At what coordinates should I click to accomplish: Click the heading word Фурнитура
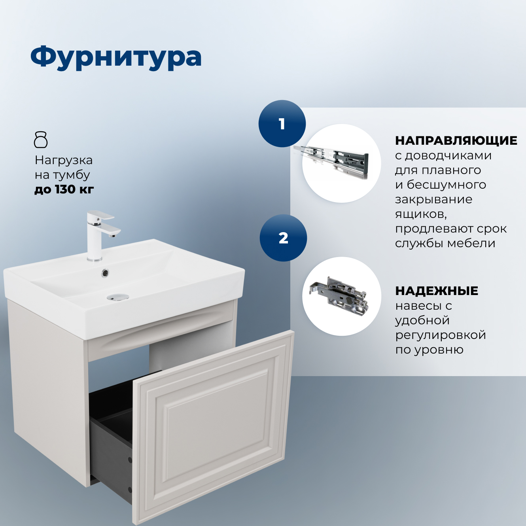pyautogui.click(x=116, y=57)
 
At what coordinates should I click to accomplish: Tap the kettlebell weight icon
pyautogui.click(x=41, y=140)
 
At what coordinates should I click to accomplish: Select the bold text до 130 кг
pyautogui.click(x=64, y=189)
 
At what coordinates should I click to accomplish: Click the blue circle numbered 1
pyautogui.click(x=282, y=124)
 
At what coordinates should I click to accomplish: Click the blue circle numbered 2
pyautogui.click(x=283, y=238)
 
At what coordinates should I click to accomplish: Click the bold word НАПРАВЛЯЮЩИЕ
pyautogui.click(x=456, y=140)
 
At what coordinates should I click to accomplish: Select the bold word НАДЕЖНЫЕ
pyautogui.click(x=437, y=291)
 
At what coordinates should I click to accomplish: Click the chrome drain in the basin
pyautogui.click(x=117, y=297)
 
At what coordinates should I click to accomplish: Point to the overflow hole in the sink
pyautogui.click(x=105, y=272)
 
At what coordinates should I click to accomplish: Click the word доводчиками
pyautogui.click(x=448, y=155)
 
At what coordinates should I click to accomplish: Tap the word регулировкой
pyautogui.click(x=441, y=335)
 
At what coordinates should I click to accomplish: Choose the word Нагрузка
pyautogui.click(x=64, y=160)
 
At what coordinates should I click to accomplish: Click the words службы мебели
pyautogui.click(x=445, y=243)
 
